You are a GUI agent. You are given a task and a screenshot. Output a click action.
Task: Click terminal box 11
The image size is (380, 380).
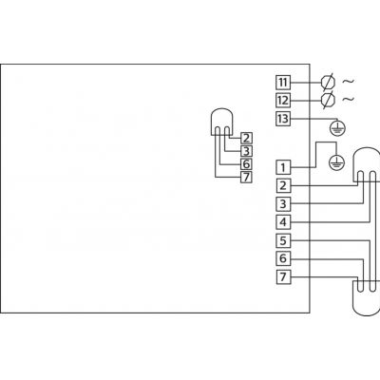tap(283, 83)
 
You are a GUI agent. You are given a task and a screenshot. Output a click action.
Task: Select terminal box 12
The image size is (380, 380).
tap(283, 101)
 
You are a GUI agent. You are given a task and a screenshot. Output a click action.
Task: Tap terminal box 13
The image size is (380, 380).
tap(283, 119)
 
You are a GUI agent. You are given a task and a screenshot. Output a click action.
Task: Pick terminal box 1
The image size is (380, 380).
tap(283, 167)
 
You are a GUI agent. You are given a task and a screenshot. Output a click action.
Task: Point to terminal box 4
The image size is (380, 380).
tap(283, 222)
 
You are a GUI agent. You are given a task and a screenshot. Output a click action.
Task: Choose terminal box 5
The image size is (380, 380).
tap(283, 240)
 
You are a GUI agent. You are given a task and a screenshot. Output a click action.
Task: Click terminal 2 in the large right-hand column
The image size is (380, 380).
tap(283, 185)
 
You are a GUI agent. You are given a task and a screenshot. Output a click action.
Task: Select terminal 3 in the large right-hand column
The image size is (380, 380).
tap(283, 204)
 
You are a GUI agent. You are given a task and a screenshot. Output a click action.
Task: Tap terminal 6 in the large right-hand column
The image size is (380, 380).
tap(283, 258)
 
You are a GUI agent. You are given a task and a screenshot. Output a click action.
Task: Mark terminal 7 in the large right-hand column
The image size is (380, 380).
tap(283, 277)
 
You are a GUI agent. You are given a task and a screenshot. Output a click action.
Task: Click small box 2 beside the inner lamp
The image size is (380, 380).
tap(247, 138)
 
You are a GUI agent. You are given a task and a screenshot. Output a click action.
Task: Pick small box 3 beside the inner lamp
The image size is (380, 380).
tap(247, 151)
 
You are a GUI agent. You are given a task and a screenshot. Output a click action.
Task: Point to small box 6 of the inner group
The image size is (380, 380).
tap(247, 164)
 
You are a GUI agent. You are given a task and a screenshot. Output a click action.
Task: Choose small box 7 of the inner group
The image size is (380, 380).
tap(247, 177)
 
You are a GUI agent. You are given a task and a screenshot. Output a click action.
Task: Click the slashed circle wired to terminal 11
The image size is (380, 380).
tap(328, 83)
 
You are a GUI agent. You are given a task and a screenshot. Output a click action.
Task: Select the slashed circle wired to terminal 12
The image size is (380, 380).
tap(328, 101)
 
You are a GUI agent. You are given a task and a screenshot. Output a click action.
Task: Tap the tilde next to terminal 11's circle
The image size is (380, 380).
tap(349, 82)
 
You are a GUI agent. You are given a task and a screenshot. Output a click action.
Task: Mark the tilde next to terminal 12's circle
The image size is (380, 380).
tap(349, 100)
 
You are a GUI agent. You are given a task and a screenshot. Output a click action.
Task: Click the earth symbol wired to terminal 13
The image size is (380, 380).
tap(337, 128)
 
